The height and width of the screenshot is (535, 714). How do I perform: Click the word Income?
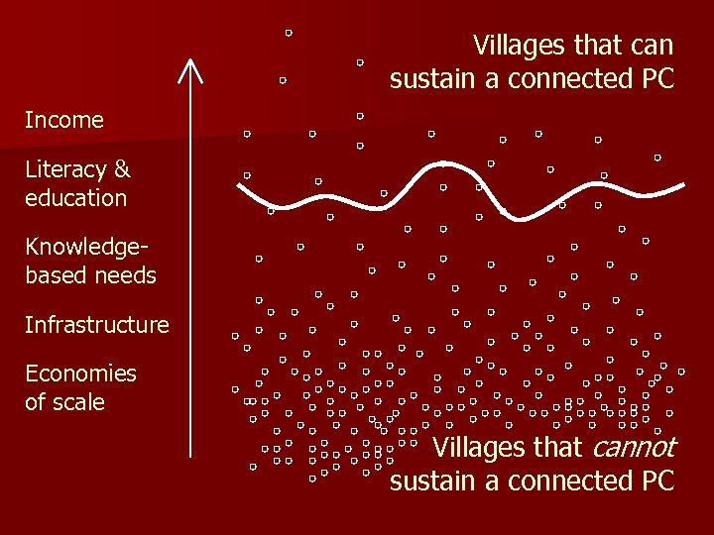click(64, 121)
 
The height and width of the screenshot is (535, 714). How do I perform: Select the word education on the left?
click(76, 198)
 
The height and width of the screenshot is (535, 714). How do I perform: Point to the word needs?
click(125, 275)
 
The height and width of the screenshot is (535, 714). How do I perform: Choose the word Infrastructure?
click(97, 325)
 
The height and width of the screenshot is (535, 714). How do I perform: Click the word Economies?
click(80, 374)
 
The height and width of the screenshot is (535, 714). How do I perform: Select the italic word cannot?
click(633, 448)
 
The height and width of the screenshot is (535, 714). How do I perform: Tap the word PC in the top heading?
click(656, 79)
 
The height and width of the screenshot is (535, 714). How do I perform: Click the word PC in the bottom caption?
click(656, 481)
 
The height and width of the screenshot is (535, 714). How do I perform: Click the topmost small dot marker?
click(289, 33)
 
